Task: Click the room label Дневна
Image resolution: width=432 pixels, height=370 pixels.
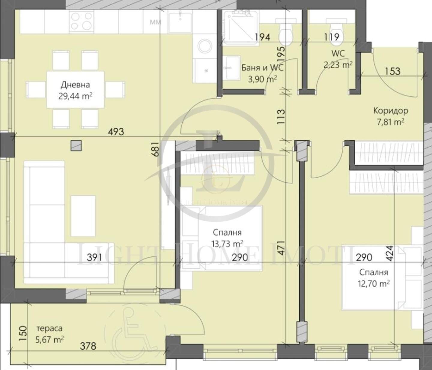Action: (x=75, y=85)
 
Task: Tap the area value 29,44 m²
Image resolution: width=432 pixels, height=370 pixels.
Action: (x=75, y=97)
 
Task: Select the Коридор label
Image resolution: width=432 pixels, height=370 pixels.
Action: (x=391, y=111)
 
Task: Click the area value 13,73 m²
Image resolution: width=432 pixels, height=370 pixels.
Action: (x=227, y=244)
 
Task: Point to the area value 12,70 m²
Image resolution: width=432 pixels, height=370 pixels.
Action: (x=374, y=284)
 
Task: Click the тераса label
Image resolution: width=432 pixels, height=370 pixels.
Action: (x=49, y=328)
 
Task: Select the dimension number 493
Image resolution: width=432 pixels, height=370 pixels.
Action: (x=116, y=132)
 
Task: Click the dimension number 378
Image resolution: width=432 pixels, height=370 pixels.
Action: (x=88, y=346)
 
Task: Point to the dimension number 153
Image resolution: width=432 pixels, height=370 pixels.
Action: (x=392, y=71)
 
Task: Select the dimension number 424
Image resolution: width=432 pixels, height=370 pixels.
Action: (x=390, y=253)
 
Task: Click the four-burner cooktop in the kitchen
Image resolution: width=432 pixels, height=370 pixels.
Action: (x=81, y=21)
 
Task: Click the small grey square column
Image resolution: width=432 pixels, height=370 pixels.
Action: (x=76, y=146)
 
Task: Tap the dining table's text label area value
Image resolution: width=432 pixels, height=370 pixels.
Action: (x=75, y=97)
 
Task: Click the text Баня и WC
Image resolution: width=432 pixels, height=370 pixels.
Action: (x=262, y=68)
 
